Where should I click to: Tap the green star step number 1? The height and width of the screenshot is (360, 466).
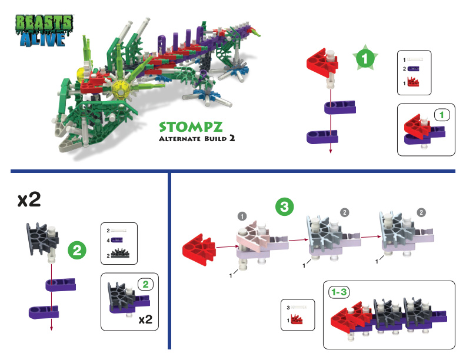(365, 59)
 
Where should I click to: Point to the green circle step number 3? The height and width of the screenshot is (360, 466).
(285, 206)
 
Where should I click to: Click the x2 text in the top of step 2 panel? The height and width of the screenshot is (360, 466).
(29, 200)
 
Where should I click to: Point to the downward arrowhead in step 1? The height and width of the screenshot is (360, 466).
(330, 152)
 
